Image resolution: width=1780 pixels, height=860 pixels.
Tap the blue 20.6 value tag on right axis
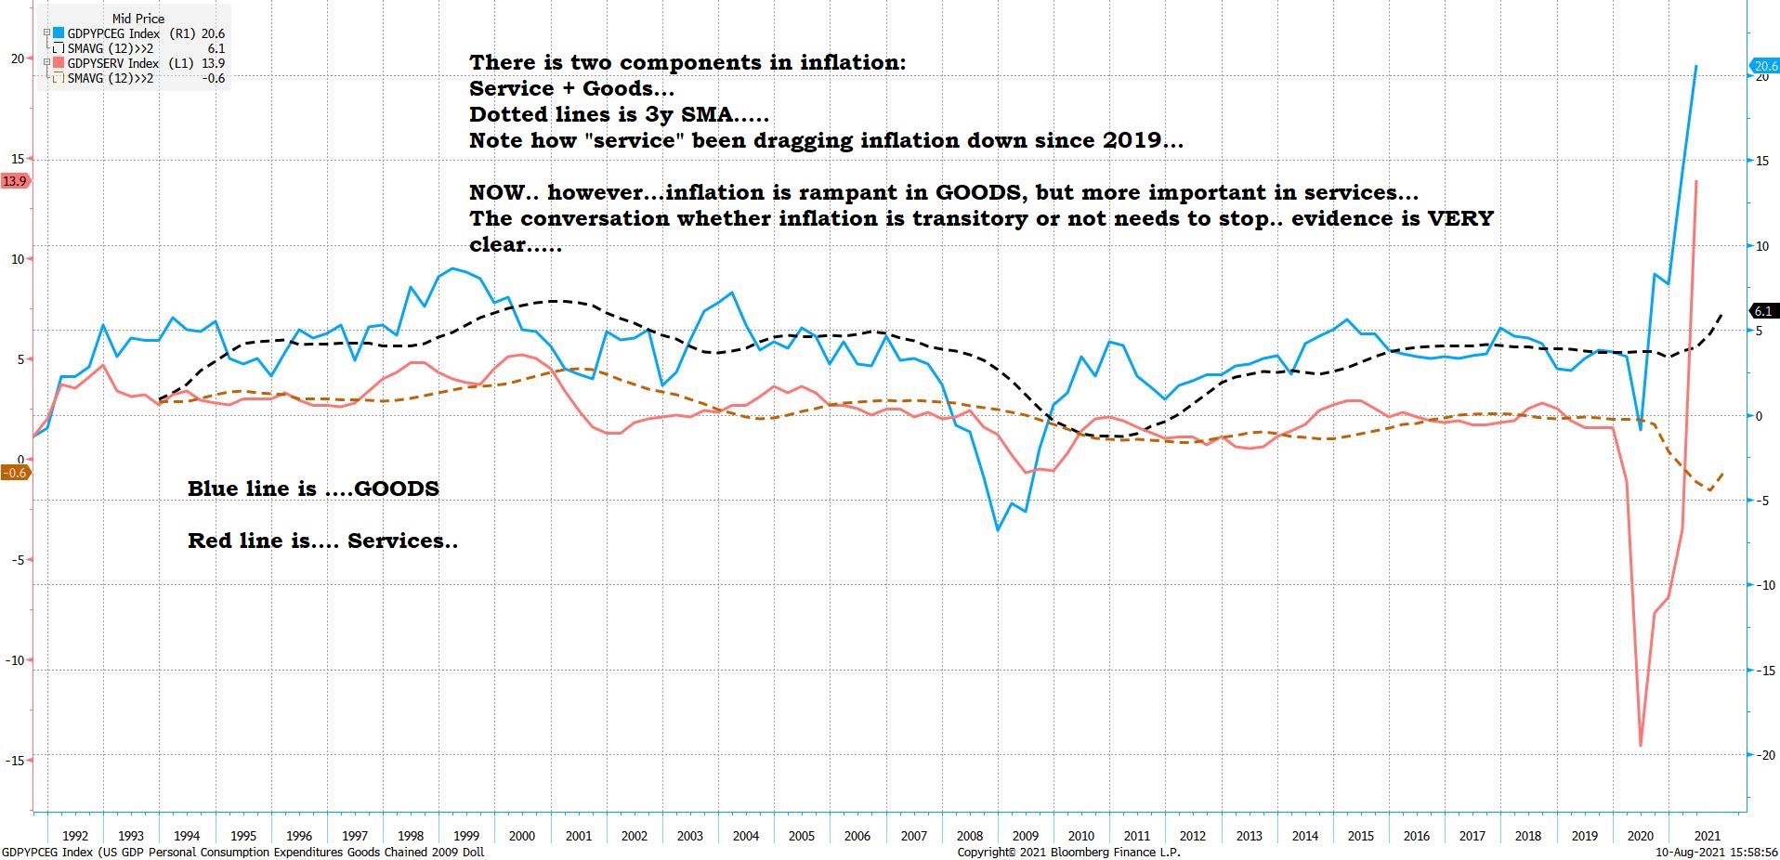click(x=1764, y=66)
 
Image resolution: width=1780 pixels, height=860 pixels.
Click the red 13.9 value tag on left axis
click(x=15, y=181)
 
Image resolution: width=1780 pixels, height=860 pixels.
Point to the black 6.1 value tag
click(x=1763, y=311)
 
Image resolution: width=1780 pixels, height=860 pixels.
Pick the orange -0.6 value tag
click(x=15, y=473)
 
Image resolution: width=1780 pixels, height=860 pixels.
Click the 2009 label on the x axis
click(x=1025, y=836)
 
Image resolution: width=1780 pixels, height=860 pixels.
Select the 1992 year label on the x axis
click(x=74, y=836)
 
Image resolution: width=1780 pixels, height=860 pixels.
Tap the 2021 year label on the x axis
click(x=1706, y=836)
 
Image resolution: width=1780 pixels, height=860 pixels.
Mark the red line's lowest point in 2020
click(x=1641, y=745)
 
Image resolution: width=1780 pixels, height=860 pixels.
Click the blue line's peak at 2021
click(x=1696, y=66)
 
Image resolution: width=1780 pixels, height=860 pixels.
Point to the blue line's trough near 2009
click(x=998, y=530)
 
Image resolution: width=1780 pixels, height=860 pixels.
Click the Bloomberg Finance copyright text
click(x=1068, y=852)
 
